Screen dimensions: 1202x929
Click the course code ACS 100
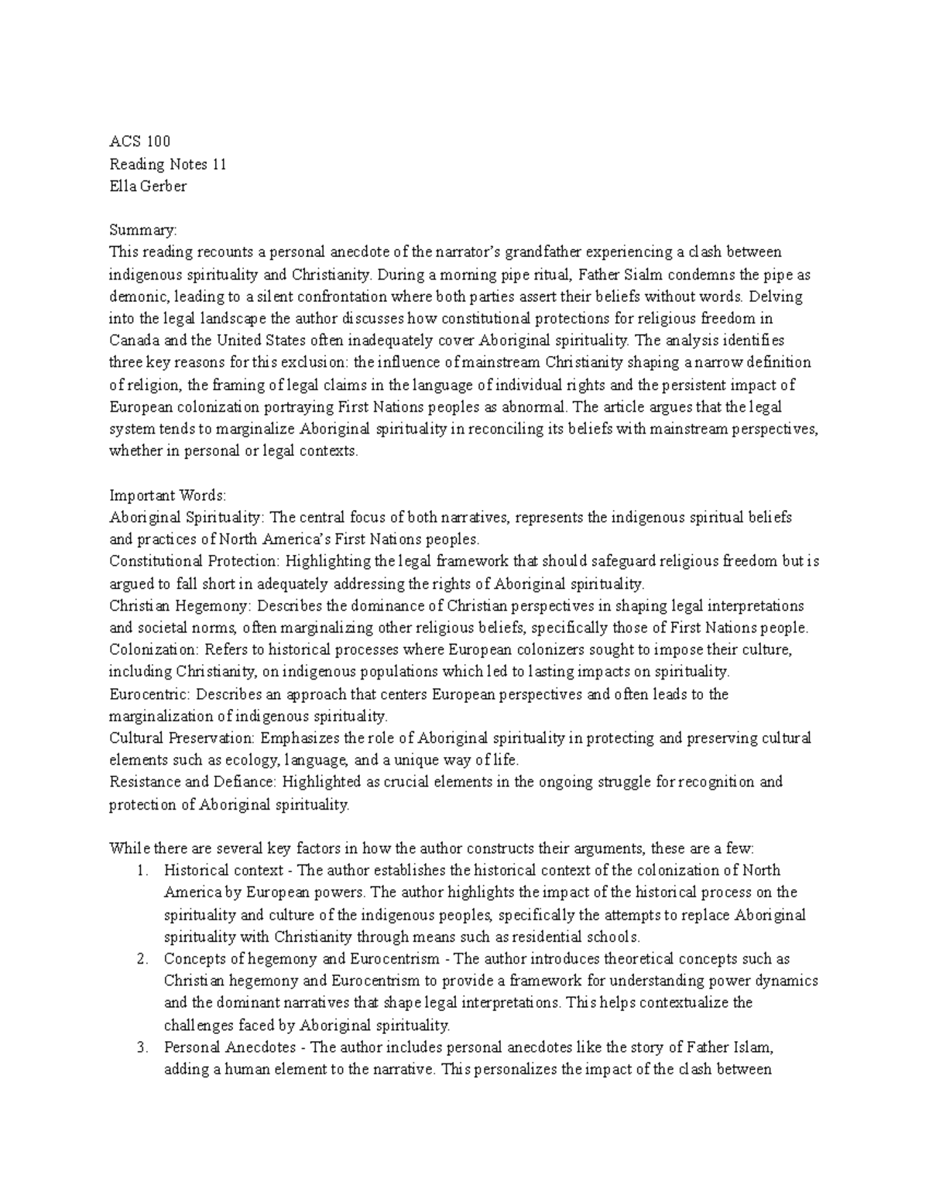click(x=139, y=141)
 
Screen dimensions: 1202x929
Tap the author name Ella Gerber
click(x=148, y=186)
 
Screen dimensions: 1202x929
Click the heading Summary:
click(x=143, y=230)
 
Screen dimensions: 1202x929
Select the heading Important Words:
click(x=167, y=495)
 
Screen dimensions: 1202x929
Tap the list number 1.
click(x=142, y=870)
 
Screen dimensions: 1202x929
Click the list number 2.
click(x=142, y=959)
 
